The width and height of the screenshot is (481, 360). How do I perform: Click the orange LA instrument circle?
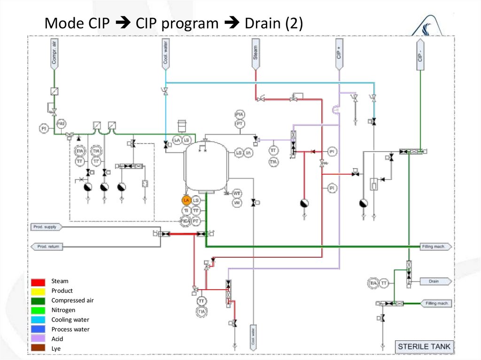coord(186,200)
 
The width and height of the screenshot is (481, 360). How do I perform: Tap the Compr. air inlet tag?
coord(54,54)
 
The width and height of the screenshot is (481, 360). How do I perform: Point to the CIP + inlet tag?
coord(339,54)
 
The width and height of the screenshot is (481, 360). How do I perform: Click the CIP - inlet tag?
coord(419,54)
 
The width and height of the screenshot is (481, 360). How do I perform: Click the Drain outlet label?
coord(434,281)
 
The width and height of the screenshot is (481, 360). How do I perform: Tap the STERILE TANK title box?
coord(424,347)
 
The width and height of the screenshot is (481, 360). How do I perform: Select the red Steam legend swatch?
coord(39,282)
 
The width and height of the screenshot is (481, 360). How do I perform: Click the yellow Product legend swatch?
coord(39,291)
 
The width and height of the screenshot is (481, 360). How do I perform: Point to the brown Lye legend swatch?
coord(39,348)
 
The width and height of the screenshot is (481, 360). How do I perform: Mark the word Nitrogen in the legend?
coord(63,310)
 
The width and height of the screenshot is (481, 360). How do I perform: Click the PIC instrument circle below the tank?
coord(186,221)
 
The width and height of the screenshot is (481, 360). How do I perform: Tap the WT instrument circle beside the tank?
coord(237,193)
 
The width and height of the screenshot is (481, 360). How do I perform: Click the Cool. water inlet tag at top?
coord(165,54)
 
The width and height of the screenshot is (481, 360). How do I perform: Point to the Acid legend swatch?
coord(39,339)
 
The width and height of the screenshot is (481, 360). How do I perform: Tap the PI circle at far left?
coord(44,128)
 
